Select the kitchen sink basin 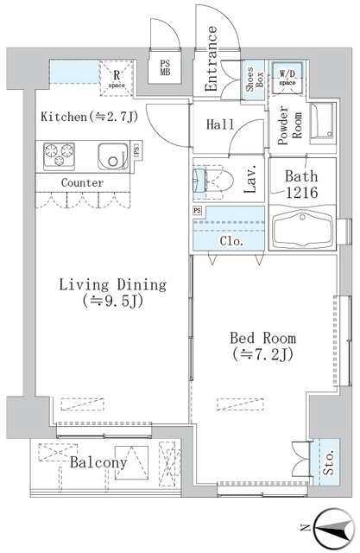pos(111,156)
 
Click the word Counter pos(83,183)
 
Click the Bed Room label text pos(262,345)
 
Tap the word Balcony pos(98,463)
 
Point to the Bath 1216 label pos(301,183)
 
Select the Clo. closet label pos(231,242)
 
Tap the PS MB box pos(165,67)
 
